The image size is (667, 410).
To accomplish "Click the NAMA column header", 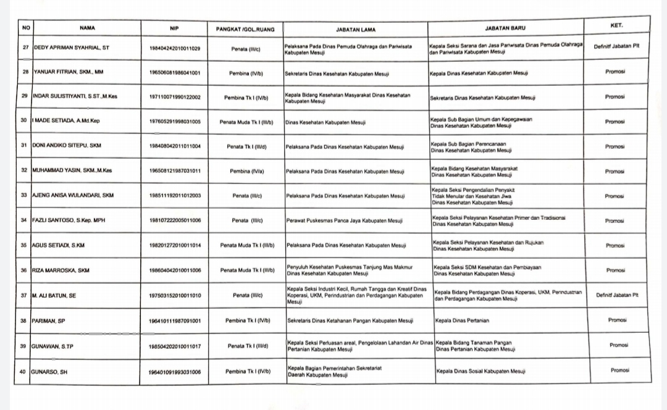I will [87, 28].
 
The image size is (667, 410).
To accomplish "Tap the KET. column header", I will [616, 25].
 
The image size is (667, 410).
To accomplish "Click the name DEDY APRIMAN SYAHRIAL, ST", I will [71, 48].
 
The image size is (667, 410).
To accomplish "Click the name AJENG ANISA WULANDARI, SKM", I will [73, 195].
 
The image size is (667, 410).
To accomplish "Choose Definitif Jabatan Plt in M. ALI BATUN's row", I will [617, 295].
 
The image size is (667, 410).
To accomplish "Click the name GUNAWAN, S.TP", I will [52, 346].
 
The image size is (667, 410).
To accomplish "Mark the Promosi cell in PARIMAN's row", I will [617, 320].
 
